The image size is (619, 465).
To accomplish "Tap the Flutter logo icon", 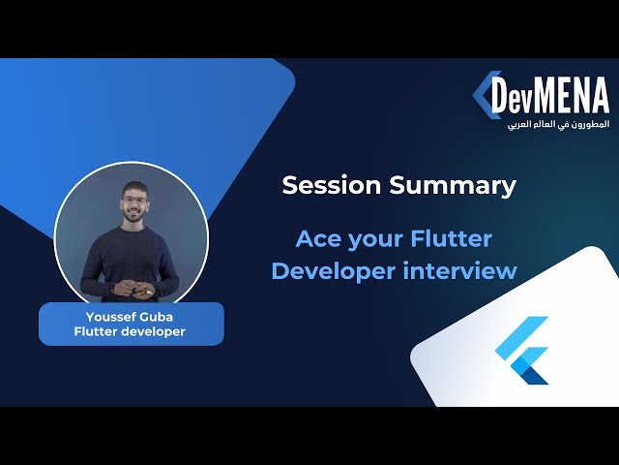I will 522,349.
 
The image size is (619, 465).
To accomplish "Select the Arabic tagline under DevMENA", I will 558,126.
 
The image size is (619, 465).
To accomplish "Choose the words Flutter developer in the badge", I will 130,332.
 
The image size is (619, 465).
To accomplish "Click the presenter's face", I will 132,205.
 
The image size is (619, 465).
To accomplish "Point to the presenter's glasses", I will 132,201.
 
